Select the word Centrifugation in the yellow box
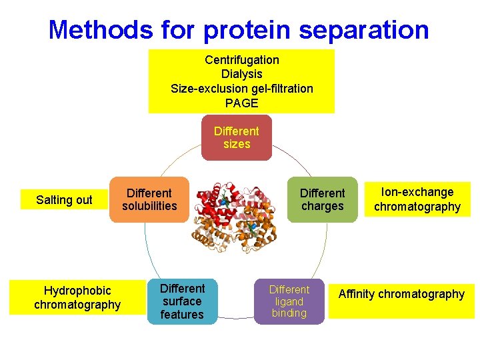(x=242, y=60)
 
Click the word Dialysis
(x=242, y=74)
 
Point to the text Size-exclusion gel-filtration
(x=242, y=89)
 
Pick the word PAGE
(x=242, y=103)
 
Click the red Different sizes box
(x=237, y=137)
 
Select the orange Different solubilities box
(x=149, y=199)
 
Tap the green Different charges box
(x=323, y=199)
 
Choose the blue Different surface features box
(x=182, y=301)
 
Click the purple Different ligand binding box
(x=289, y=301)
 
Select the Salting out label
(x=65, y=200)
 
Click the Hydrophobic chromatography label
(x=77, y=298)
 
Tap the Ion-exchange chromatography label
(x=417, y=199)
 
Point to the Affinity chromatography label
(x=401, y=294)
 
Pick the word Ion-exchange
(x=417, y=192)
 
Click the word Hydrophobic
(x=77, y=291)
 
